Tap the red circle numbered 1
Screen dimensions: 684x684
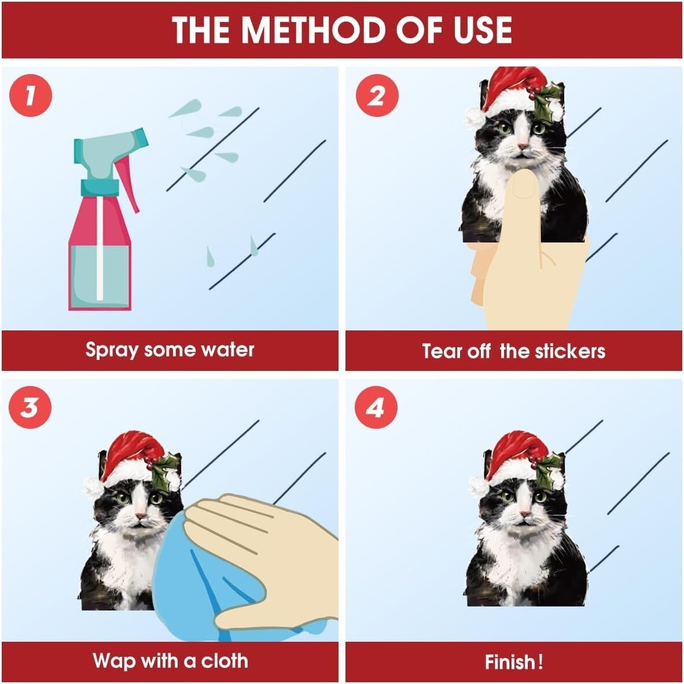coord(31,95)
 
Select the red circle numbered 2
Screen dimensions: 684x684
coord(377,95)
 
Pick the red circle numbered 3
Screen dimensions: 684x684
coord(30,407)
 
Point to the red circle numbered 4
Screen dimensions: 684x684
coord(376,407)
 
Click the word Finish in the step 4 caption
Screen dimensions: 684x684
coord(510,662)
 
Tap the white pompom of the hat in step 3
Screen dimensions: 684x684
coord(92,487)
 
